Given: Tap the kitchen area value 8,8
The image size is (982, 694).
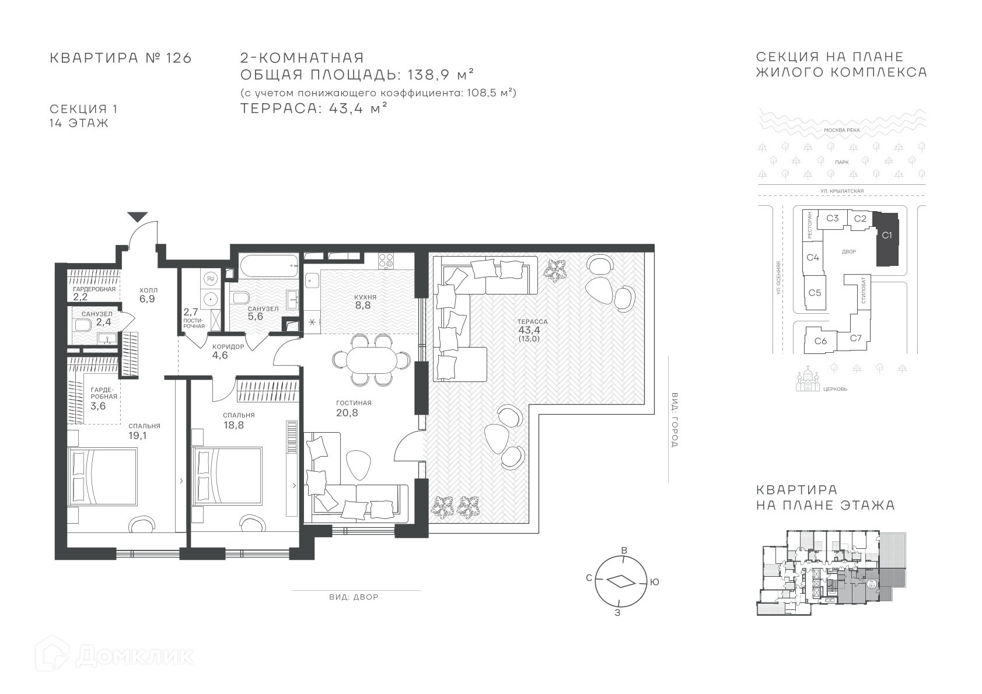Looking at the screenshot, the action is pos(363,306).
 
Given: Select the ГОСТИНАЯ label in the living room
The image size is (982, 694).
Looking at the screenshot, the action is pos(354,403).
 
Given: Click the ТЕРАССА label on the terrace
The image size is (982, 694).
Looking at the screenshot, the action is pos(532,321).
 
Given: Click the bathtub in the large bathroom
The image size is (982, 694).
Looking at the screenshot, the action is pos(269,266).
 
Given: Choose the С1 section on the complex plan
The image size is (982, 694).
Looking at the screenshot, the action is pos(886,239).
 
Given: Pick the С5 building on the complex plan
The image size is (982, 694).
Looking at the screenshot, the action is pos(815,293).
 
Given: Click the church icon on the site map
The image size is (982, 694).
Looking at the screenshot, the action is pos(808,379).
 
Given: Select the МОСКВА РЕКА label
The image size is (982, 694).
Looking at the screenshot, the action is pos(842,130).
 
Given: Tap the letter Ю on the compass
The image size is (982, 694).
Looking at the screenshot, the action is pos(654,582).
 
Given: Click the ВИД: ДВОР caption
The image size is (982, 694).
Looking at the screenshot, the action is pos(354,597).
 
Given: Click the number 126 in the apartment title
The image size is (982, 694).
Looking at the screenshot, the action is pos(179,58).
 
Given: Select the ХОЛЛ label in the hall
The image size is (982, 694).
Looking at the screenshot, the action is pos(148,290).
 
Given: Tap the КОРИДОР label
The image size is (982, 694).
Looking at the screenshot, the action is pos(228,346).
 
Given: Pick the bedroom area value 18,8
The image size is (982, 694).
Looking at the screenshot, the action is pos(233,425).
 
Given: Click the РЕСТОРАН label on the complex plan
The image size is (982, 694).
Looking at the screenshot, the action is pos(809,225).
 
